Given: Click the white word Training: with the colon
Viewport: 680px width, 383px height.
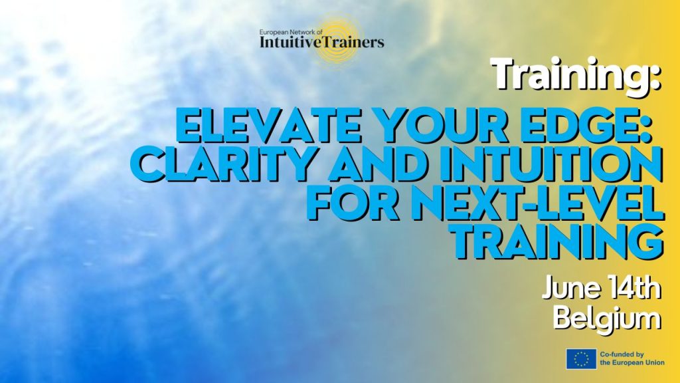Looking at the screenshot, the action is tap(576, 76).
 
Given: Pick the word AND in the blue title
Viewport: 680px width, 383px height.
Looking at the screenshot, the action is tap(378, 166).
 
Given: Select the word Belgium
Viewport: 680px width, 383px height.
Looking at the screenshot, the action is tap(607, 320).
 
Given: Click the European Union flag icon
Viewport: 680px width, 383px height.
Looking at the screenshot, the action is tap(581, 359).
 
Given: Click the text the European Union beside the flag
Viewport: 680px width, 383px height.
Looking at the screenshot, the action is tap(632, 362).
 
